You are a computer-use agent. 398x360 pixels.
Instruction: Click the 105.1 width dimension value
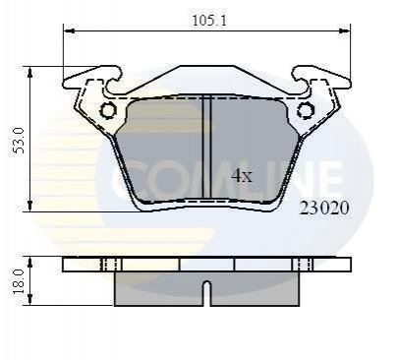tap(209, 21)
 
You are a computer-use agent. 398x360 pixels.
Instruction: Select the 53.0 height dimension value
tap(19, 141)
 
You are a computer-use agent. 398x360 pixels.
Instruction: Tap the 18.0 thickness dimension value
tap(19, 281)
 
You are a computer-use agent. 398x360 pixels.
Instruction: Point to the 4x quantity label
tap(242, 175)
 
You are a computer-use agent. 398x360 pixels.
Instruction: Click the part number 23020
tap(324, 209)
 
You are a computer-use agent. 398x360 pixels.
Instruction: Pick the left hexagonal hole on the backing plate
tap(108, 110)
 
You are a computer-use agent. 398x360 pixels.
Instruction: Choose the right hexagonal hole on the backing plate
tap(306, 110)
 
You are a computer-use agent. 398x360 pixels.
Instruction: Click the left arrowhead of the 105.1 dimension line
tap(69, 30)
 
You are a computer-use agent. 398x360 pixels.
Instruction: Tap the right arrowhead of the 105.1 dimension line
tap(344, 30)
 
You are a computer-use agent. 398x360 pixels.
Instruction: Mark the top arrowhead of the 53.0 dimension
tap(29, 73)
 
